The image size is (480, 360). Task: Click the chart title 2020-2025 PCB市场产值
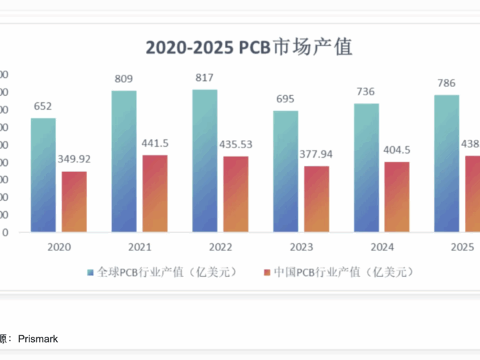249,47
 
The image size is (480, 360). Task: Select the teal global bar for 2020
43,175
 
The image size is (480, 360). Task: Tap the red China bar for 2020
75,201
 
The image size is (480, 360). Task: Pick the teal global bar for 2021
124,161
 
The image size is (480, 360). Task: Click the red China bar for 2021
155,193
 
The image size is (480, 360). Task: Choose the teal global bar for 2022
205,160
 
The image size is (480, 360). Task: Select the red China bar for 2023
317,199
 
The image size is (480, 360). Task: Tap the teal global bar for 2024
366,167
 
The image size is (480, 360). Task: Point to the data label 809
123,79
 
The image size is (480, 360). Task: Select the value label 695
285,99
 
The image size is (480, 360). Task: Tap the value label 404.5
397,149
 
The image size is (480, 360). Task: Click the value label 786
446,84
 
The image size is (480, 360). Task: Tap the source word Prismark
38,339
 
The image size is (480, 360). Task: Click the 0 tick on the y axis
5,232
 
